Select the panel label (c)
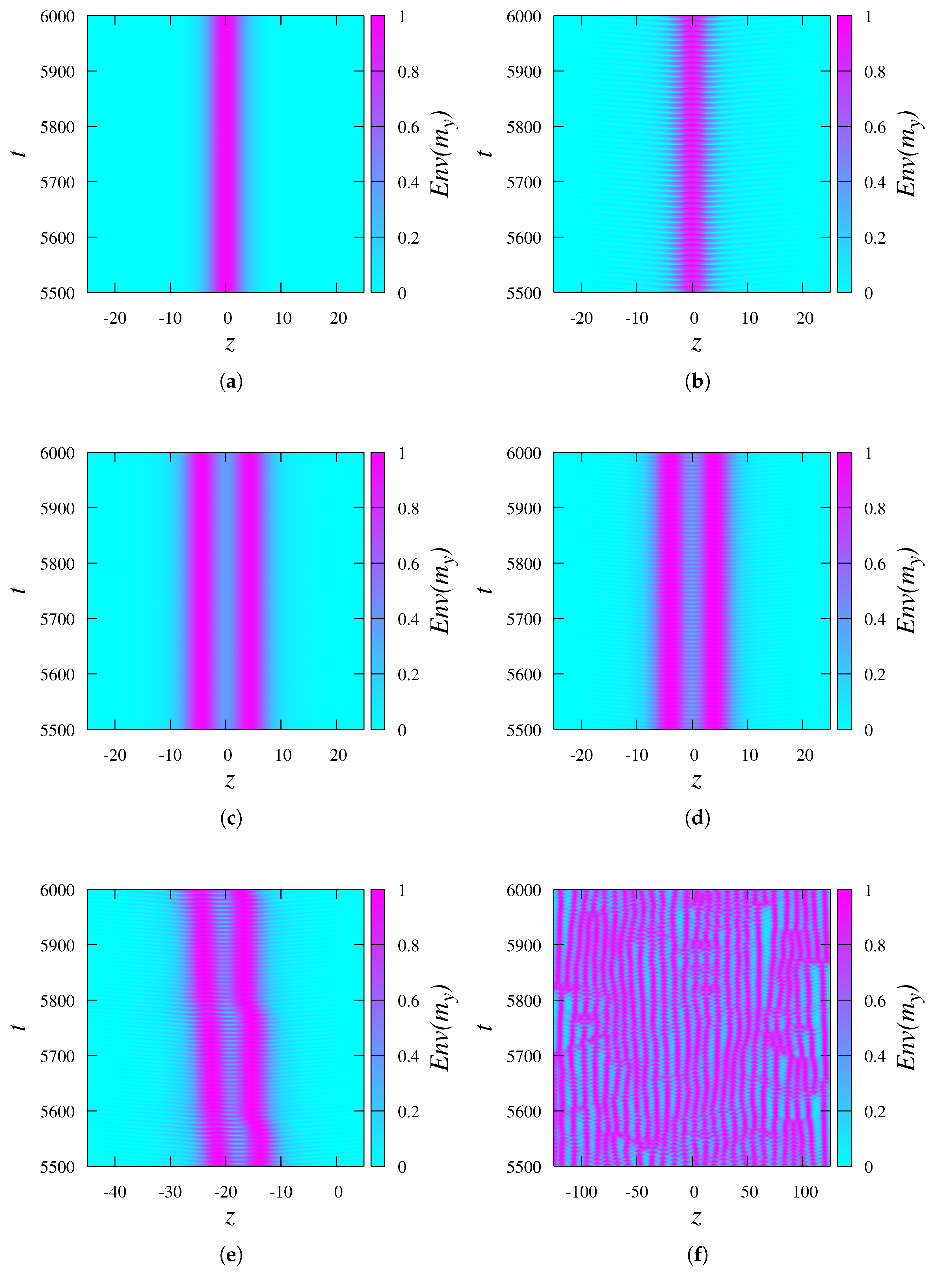tap(231, 818)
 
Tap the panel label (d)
tap(697, 818)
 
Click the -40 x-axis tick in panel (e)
tap(115, 1192)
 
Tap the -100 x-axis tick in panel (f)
tap(581, 1192)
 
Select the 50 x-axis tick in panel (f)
tap(749, 1192)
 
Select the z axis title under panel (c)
tap(230, 782)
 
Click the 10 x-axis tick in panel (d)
tap(749, 755)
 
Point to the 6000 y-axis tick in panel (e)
tap(57, 890)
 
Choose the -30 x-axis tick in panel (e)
tap(170, 1192)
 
